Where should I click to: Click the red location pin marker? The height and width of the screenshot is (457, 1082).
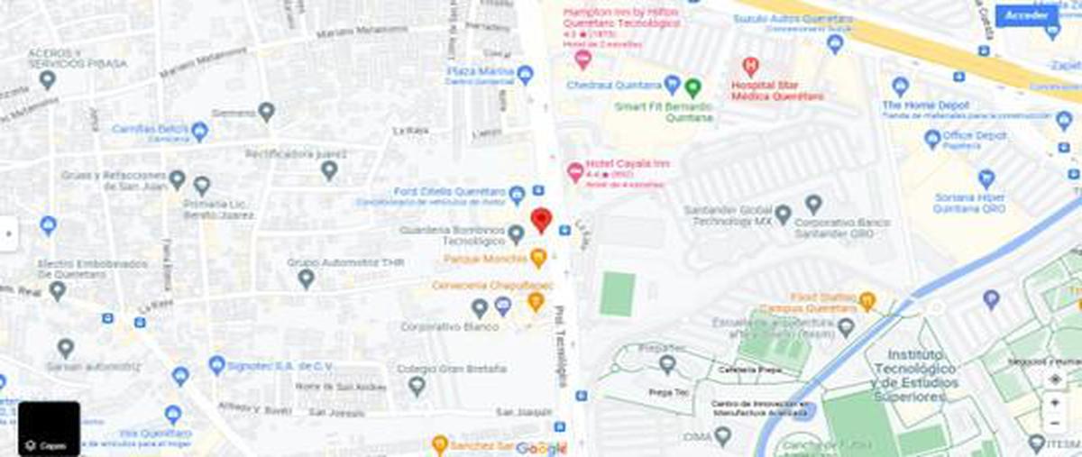click(x=541, y=219)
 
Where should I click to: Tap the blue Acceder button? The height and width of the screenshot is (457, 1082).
click(x=1026, y=15)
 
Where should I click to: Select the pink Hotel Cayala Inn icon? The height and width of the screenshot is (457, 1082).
click(x=574, y=170)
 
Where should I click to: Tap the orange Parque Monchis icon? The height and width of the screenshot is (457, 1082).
click(x=538, y=259)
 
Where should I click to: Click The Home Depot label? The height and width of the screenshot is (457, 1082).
click(x=925, y=105)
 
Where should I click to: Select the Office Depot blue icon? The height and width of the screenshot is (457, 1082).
click(x=932, y=139)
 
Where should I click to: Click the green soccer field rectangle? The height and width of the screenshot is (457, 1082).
click(x=618, y=294)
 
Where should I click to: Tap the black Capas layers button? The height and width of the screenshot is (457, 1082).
click(x=49, y=429)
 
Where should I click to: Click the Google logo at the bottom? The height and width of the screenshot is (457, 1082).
click(x=540, y=448)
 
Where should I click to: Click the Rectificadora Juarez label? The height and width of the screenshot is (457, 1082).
click(x=297, y=154)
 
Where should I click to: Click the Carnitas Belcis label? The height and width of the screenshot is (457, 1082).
click(x=151, y=129)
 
